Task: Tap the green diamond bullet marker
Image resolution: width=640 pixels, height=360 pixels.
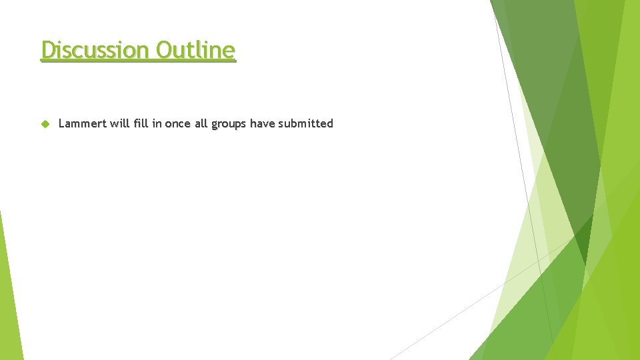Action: [x=45, y=124]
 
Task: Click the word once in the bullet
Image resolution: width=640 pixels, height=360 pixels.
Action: [x=177, y=123]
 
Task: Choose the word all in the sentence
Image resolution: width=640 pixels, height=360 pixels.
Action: [x=201, y=123]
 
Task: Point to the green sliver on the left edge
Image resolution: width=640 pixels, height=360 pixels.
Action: [x=9, y=293]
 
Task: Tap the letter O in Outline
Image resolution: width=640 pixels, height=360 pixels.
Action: [x=164, y=49]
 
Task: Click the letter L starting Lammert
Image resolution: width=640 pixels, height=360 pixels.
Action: [x=61, y=123]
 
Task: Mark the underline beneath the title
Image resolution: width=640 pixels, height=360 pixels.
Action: [x=138, y=61]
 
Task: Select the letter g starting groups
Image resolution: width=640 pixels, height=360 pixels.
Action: [x=215, y=125]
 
